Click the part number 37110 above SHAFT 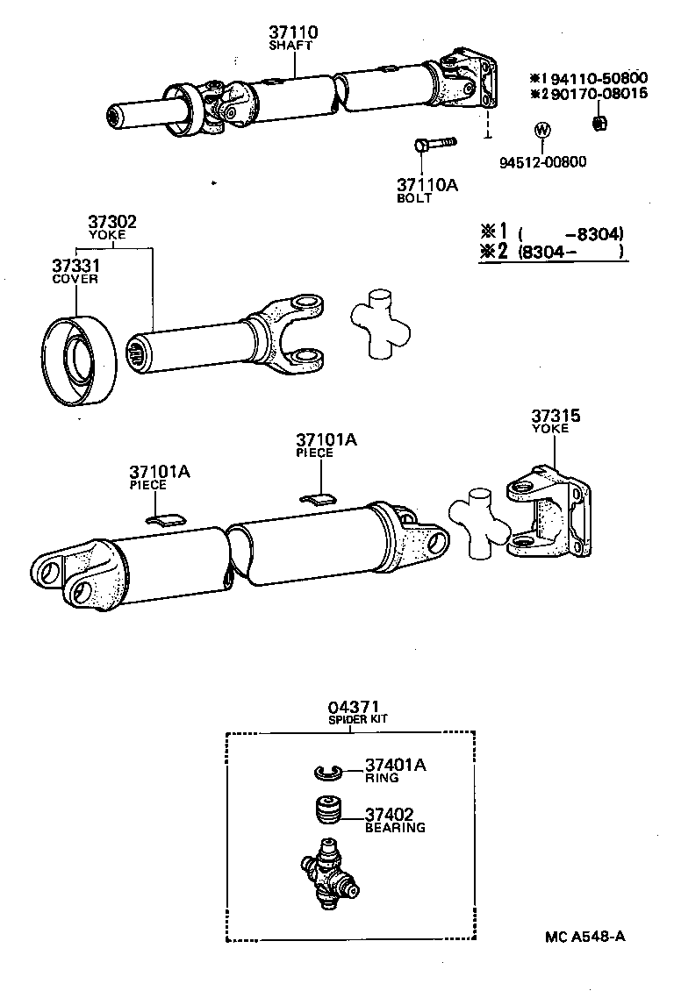294,32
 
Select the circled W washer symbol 542,131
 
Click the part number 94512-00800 543,161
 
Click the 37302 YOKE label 111,228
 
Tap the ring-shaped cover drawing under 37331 81,360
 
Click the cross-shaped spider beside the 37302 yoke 380,323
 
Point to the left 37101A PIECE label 159,476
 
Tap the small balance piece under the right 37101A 318,500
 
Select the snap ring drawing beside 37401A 328,772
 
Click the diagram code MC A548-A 586,936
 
